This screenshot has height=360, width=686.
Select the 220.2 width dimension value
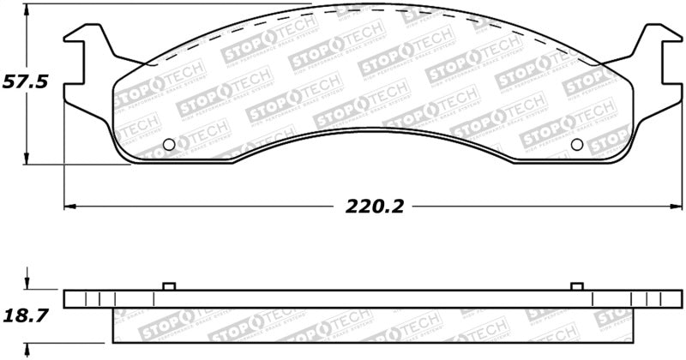375,207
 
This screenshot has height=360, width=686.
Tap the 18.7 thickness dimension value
27,315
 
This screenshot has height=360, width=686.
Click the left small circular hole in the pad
169,144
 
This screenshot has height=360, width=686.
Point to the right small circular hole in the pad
576,144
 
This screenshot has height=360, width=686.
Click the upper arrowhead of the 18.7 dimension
28,285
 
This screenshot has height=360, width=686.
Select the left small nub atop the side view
169,285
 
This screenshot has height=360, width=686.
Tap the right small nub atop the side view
576,285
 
